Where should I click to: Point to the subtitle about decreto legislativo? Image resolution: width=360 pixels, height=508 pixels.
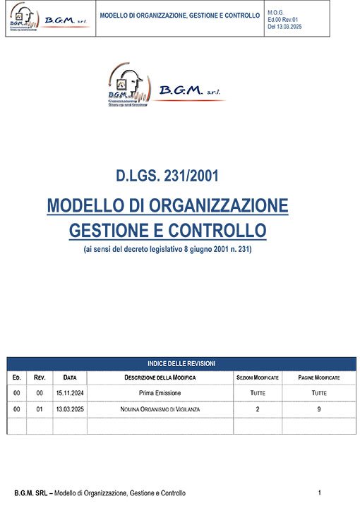[167, 250]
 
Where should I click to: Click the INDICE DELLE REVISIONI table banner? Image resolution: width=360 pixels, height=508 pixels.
[181, 363]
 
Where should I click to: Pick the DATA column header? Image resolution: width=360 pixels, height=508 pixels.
[69, 378]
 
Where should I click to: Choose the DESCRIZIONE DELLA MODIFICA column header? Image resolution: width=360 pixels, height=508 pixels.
[160, 378]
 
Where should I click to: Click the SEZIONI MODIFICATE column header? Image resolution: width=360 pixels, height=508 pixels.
[257, 378]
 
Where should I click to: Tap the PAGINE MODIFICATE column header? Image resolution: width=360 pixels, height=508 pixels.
[319, 378]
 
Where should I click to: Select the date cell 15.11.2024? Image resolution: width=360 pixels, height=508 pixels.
[69, 393]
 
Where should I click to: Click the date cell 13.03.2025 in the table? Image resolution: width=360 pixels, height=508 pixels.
[69, 409]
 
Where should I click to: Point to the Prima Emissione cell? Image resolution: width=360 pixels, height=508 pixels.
[160, 393]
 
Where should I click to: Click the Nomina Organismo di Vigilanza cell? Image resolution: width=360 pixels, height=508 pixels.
[160, 409]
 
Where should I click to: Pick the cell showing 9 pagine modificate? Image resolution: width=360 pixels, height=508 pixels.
[319, 409]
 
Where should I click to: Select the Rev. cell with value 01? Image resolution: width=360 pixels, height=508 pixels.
[40, 409]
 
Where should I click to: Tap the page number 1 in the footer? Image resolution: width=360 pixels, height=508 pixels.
[320, 492]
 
